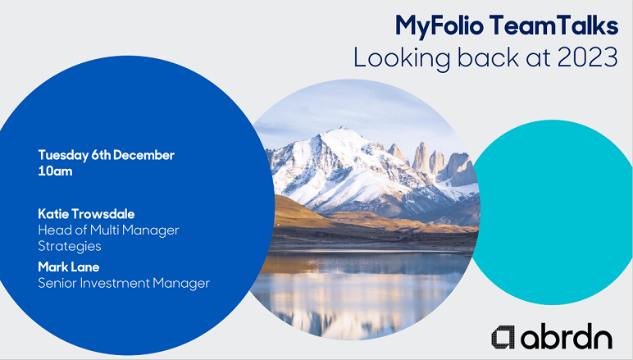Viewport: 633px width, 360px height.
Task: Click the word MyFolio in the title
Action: point(439,26)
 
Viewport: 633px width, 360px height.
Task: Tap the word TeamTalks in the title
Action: point(554,25)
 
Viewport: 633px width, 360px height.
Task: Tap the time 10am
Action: point(55,171)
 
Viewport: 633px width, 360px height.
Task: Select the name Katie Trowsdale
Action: point(86,214)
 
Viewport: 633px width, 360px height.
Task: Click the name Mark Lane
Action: point(69,267)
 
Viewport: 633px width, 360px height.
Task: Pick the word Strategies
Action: point(70,246)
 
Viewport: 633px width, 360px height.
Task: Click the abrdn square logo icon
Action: point(503,337)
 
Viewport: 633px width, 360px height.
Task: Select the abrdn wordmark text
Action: point(567,335)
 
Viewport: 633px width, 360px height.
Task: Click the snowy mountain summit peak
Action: point(343,129)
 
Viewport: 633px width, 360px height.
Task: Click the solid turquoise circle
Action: point(551,212)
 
